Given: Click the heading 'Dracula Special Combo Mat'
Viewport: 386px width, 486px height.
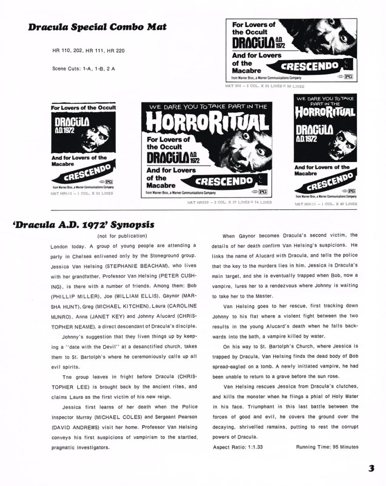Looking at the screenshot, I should [97, 27].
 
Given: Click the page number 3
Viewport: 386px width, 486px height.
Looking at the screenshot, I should [371, 468].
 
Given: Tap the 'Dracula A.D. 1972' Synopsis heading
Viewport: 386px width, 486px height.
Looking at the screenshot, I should [84, 225].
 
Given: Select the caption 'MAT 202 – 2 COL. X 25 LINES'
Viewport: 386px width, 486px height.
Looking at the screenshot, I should [265, 86].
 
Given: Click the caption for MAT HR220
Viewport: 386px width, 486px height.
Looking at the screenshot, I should [229, 203].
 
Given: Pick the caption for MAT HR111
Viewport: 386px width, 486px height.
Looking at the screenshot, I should [325, 204].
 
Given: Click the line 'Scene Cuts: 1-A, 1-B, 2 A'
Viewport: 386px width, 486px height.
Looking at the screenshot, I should [84, 68].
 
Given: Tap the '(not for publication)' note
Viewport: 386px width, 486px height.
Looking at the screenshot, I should [123, 236].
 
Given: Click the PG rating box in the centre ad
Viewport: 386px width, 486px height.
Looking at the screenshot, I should [263, 192].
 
